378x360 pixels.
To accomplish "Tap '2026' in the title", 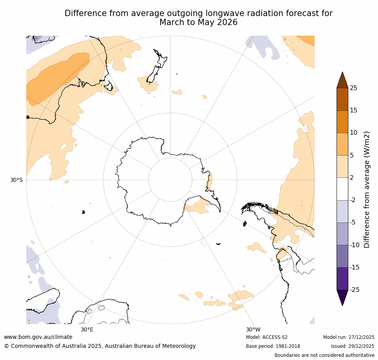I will point(225,22).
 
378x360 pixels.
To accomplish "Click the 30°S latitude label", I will point(16,180).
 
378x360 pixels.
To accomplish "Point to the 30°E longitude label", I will point(87,329).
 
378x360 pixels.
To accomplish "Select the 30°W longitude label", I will point(253,329).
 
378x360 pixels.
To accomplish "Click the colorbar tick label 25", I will point(353,88).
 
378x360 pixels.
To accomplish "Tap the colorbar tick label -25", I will point(354,290).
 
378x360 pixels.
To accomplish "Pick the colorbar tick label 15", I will point(353,110).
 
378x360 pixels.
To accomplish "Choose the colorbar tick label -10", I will point(354,245).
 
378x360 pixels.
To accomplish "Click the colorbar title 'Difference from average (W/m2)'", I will point(367,189).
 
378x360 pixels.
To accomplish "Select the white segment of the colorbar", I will point(342,189).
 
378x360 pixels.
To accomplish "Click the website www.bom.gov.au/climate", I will point(38,337).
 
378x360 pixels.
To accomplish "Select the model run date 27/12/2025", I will point(361,337).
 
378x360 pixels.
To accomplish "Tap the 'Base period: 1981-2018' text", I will point(273,346).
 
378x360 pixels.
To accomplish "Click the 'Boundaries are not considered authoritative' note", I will point(324,355).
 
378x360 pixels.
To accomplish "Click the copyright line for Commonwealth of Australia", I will point(100,346).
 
